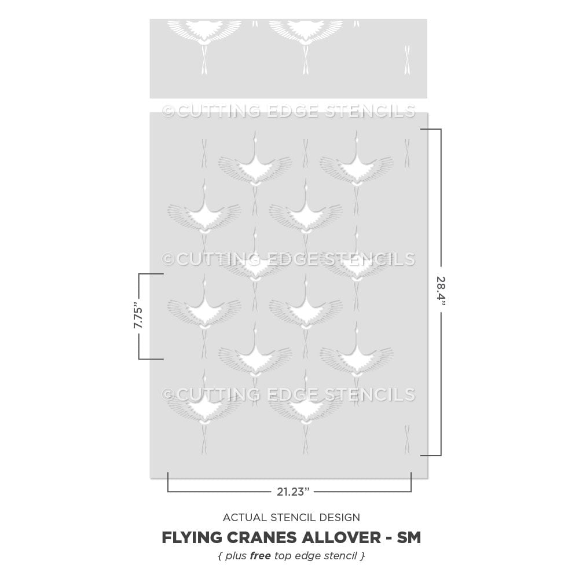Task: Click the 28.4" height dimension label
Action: tap(442, 292)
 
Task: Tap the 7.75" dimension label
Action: tap(139, 316)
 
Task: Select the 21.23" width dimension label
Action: tap(293, 492)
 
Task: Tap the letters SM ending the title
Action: tap(408, 538)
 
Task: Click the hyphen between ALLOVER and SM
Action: tap(385, 538)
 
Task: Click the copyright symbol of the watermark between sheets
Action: tap(168, 110)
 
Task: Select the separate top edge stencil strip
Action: tap(288, 58)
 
